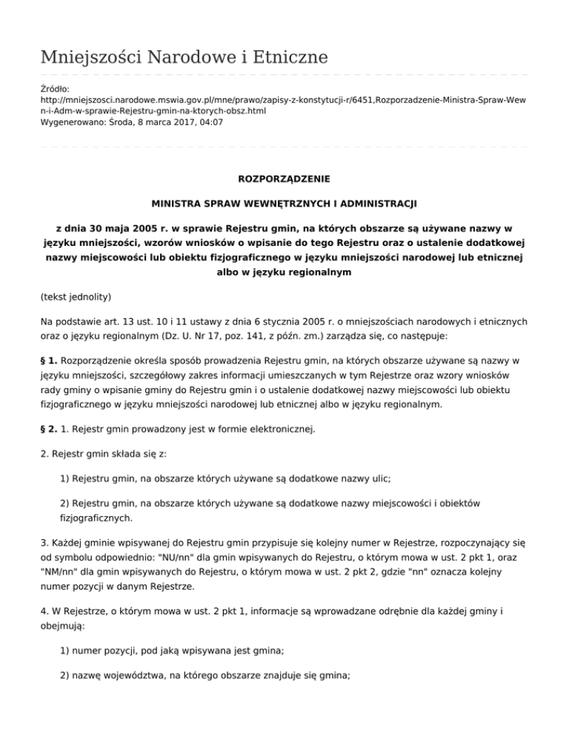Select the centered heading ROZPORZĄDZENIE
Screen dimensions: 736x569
tap(284, 179)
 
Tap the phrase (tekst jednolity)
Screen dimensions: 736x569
tap(76, 297)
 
